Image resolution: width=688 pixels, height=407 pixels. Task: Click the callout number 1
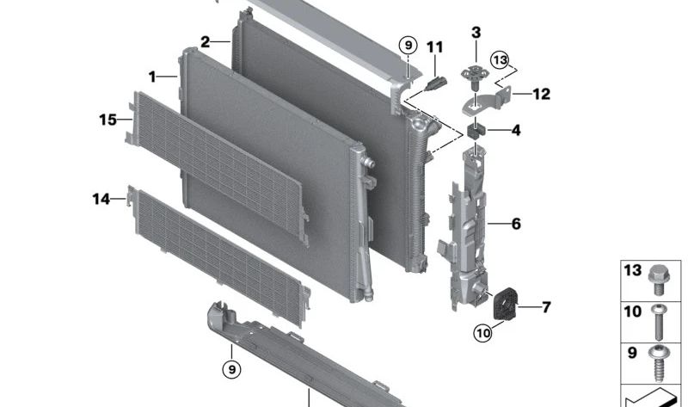[152, 77]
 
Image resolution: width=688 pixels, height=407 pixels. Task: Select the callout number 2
[205, 42]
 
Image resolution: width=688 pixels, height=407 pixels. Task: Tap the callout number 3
[476, 33]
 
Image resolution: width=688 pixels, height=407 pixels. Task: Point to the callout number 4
[516, 131]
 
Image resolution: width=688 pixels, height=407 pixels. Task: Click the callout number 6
[516, 224]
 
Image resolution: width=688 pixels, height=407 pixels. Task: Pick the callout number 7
[546, 307]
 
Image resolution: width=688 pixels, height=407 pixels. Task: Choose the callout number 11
[435, 47]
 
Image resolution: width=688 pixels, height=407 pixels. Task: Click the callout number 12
[542, 94]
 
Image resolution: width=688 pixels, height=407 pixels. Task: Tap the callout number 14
[101, 200]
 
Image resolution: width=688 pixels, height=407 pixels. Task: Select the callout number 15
[108, 120]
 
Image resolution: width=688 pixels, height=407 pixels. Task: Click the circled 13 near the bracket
[501, 59]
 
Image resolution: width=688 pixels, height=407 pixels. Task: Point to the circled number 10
[483, 333]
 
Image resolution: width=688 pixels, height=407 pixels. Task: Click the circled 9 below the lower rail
[231, 370]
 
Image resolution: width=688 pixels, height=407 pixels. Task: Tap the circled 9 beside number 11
[408, 45]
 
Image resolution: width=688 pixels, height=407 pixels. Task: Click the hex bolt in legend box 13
[657, 280]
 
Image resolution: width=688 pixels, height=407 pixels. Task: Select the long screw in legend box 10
[658, 323]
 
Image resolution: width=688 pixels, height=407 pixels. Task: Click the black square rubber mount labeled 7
[505, 304]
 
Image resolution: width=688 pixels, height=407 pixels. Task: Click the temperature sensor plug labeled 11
[436, 83]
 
